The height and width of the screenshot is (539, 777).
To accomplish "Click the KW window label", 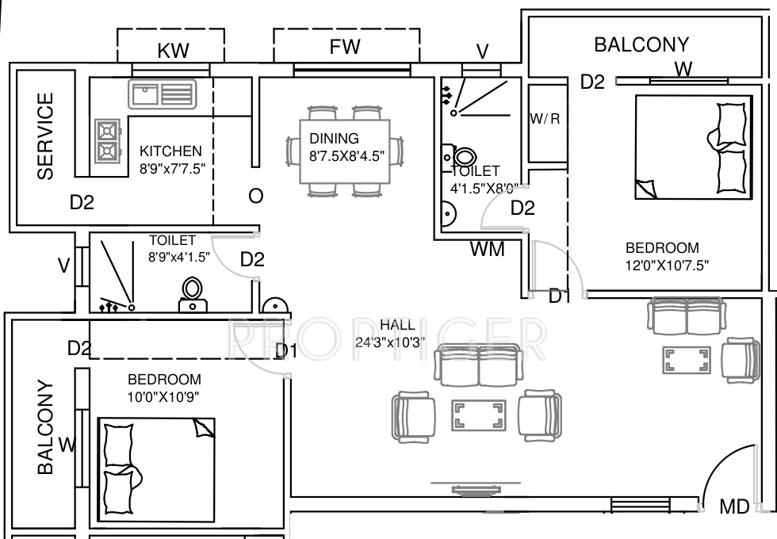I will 174,51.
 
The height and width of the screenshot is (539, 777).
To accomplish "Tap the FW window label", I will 345,47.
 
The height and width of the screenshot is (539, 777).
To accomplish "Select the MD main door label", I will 734,507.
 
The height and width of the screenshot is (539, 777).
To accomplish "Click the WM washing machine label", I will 487,249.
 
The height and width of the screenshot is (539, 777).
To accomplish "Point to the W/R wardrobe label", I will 545,119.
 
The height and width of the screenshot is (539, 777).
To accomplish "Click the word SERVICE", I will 46,136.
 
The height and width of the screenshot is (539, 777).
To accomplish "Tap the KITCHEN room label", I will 170,151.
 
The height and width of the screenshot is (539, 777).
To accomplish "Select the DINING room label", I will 334,139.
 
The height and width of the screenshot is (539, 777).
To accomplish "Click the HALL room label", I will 397,325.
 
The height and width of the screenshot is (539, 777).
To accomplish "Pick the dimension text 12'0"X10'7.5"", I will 666,265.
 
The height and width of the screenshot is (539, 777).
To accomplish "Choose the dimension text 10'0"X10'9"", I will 164,396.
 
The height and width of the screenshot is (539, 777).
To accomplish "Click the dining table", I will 345,151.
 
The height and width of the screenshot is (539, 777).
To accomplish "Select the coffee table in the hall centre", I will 478,415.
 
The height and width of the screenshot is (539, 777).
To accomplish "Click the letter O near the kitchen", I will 255,196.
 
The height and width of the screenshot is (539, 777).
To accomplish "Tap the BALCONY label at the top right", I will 641,44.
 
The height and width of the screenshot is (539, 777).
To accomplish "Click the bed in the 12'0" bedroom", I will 692,147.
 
